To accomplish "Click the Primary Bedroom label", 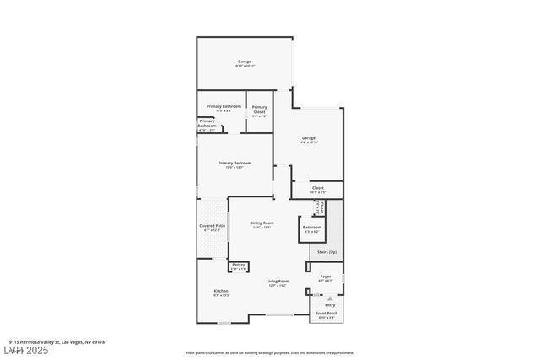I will pyautogui.click(x=234, y=163).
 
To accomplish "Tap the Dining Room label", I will pyautogui.click(x=262, y=223).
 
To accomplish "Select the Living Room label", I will pyautogui.click(x=278, y=281).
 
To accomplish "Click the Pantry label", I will pyautogui.click(x=239, y=265).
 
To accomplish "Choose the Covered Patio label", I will pyautogui.click(x=212, y=226).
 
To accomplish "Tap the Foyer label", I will pyautogui.click(x=325, y=276).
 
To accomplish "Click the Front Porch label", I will pyautogui.click(x=326, y=314).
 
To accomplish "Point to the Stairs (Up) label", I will pyautogui.click(x=327, y=252).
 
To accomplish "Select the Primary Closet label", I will pyautogui.click(x=259, y=107).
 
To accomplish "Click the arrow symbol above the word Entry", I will pyautogui.click(x=330, y=298).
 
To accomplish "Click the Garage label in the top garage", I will pyautogui.click(x=245, y=62).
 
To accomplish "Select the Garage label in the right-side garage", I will pyautogui.click(x=308, y=138).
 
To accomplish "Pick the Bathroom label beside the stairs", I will pyautogui.click(x=312, y=227).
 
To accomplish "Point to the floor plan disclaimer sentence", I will pyautogui.click(x=269, y=352).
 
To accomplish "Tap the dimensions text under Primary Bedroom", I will pyautogui.click(x=234, y=168).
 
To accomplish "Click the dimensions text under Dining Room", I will pyautogui.click(x=262, y=228).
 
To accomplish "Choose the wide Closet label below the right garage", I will pyautogui.click(x=317, y=188).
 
